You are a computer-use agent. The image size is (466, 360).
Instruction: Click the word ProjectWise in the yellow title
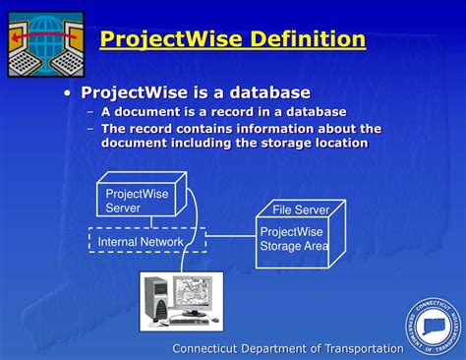(171, 39)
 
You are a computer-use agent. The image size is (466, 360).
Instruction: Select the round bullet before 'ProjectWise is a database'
(67, 93)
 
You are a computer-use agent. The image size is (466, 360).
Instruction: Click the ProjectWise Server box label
(137, 201)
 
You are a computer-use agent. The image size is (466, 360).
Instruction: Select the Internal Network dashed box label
(141, 242)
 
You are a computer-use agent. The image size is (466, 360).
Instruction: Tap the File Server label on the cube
(301, 210)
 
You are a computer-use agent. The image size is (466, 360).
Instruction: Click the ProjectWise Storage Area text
(294, 239)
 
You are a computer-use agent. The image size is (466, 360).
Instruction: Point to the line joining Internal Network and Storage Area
(231, 235)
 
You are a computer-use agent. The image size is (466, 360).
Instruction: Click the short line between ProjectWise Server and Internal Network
(151, 222)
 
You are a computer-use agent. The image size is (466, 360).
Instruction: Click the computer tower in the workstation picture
(156, 301)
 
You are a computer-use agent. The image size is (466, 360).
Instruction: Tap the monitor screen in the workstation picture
(192, 291)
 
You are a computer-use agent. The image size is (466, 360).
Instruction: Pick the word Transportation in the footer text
(364, 348)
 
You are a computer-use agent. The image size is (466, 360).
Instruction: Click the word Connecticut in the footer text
(204, 348)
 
